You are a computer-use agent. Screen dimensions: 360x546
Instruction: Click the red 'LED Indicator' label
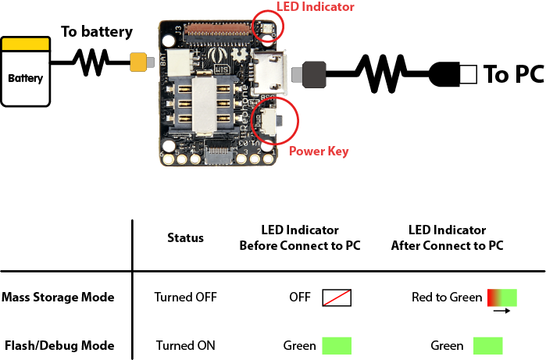[316, 7]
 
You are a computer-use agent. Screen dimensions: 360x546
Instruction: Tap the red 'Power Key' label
[319, 151]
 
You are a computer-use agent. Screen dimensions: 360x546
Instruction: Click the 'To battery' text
[97, 32]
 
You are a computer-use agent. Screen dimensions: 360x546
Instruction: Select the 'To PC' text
[514, 74]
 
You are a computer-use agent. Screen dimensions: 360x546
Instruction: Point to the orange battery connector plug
[141, 62]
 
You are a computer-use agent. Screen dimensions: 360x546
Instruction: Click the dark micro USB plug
[309, 74]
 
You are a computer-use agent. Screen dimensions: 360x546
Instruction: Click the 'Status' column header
[185, 237]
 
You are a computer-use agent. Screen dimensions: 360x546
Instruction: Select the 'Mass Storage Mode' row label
[58, 297]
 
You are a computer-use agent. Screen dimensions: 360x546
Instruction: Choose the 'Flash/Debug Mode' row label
[59, 345]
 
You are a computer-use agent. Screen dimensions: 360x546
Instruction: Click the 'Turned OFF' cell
[185, 297]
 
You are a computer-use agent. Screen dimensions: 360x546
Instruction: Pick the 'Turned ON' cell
[185, 345]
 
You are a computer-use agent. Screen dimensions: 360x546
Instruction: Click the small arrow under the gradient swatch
[501, 311]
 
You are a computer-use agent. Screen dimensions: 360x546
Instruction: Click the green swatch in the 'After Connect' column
[487, 345]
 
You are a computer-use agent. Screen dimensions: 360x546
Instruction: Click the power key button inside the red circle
[274, 120]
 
